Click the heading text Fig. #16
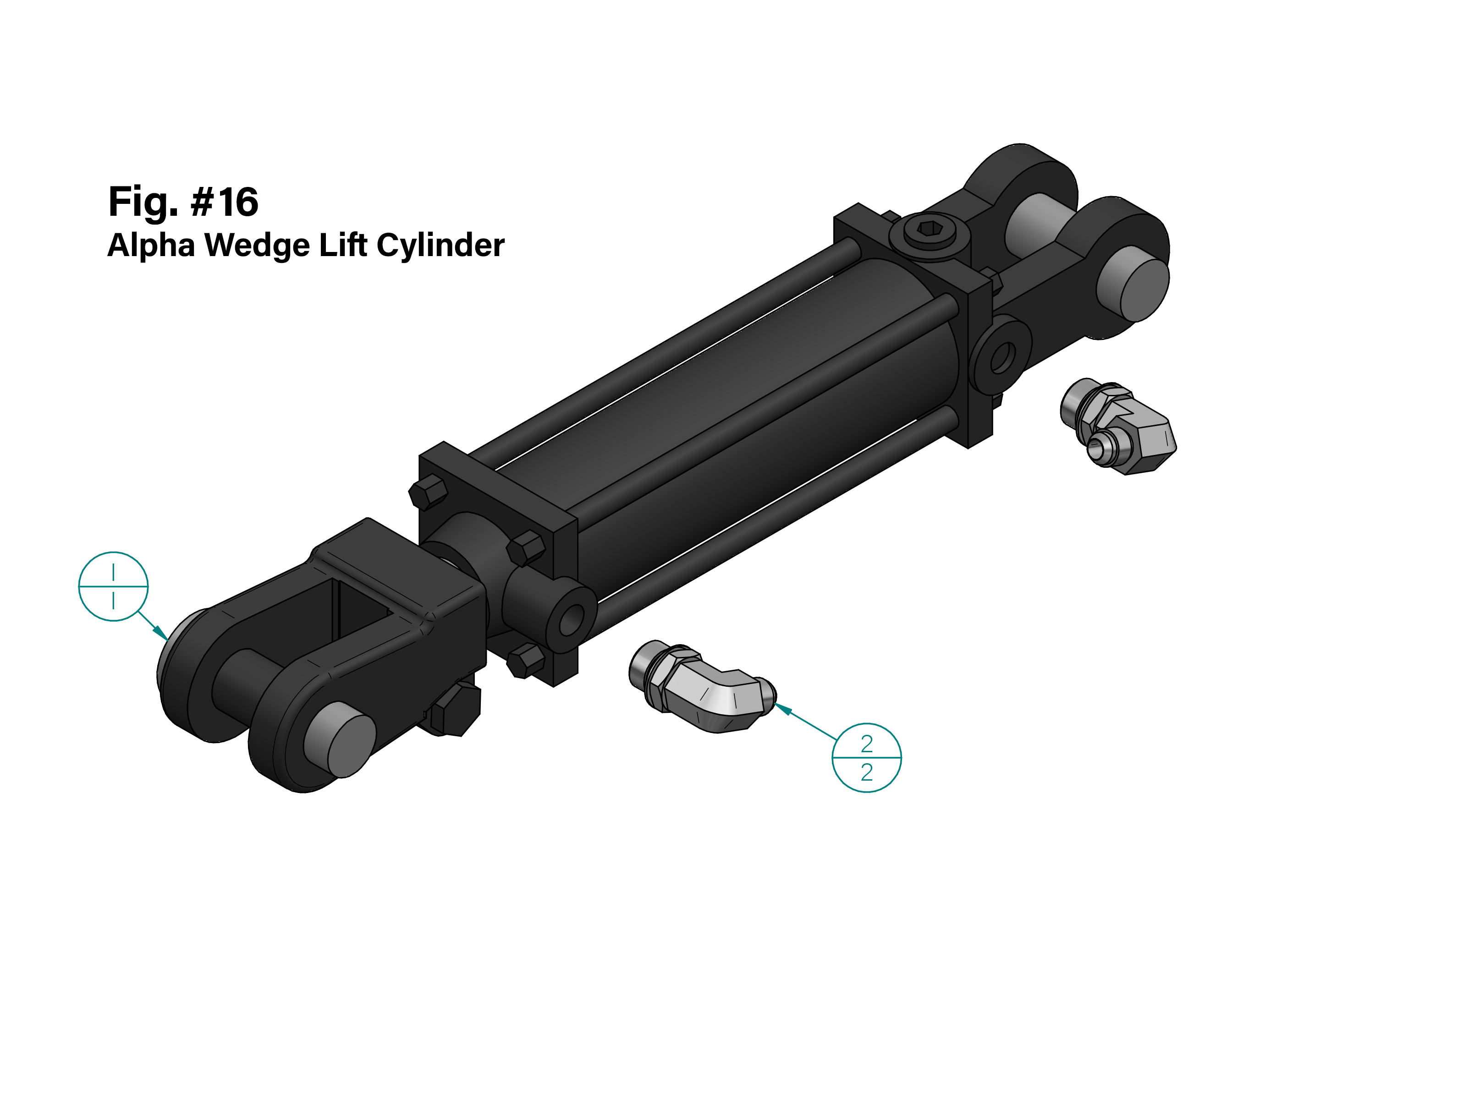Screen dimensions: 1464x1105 coord(183,202)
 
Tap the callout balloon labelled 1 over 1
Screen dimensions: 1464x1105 coord(113,586)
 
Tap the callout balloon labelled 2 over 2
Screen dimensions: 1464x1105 coord(866,758)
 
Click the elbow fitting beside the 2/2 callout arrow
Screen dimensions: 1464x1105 coord(702,686)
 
